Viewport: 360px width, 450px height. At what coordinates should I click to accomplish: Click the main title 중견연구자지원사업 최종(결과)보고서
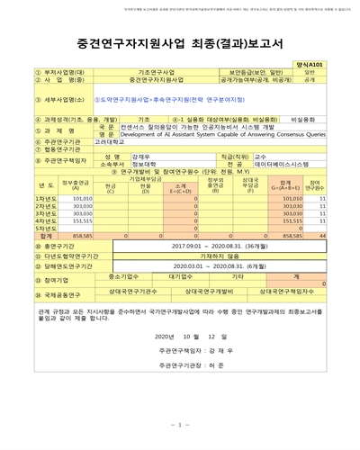180,43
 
